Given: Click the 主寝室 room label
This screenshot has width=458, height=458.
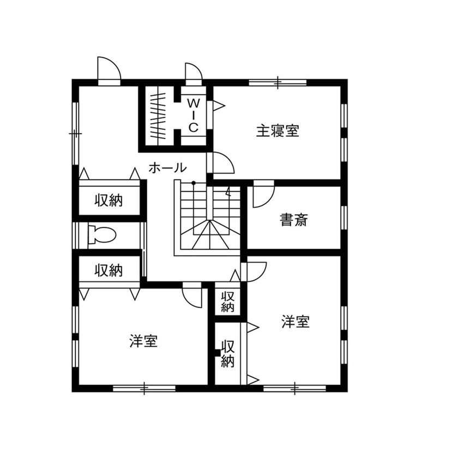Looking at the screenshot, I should (x=278, y=131).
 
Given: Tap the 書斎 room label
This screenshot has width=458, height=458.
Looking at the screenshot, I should (x=294, y=220).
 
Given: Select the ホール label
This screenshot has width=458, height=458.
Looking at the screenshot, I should (x=167, y=168).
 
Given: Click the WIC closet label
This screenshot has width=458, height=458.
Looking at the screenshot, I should (x=193, y=114).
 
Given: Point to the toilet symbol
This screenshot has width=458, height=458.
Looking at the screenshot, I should (x=103, y=235).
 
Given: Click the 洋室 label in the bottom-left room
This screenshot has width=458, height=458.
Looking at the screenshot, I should (x=144, y=342).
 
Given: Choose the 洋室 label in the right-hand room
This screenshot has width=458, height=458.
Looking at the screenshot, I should (x=296, y=322).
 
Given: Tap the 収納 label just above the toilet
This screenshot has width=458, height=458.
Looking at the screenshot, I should (x=109, y=200).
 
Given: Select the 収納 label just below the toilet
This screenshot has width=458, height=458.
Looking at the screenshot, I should (x=109, y=270).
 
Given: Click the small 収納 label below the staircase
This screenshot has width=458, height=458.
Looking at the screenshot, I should (x=228, y=302).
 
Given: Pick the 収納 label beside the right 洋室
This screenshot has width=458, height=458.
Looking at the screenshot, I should (x=228, y=353).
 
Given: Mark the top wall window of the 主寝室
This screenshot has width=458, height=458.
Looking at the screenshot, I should (x=278, y=82).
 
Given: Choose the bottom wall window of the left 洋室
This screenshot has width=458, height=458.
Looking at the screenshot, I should (x=144, y=388).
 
